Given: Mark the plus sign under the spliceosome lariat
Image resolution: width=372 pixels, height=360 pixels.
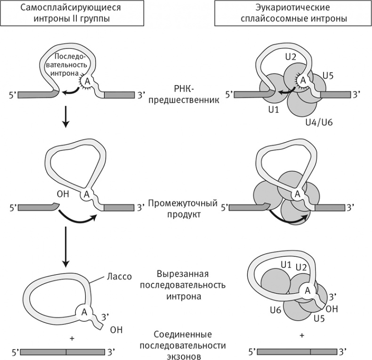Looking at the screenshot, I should tap(301, 335).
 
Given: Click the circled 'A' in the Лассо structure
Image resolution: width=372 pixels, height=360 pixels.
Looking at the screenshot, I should tap(85, 311).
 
